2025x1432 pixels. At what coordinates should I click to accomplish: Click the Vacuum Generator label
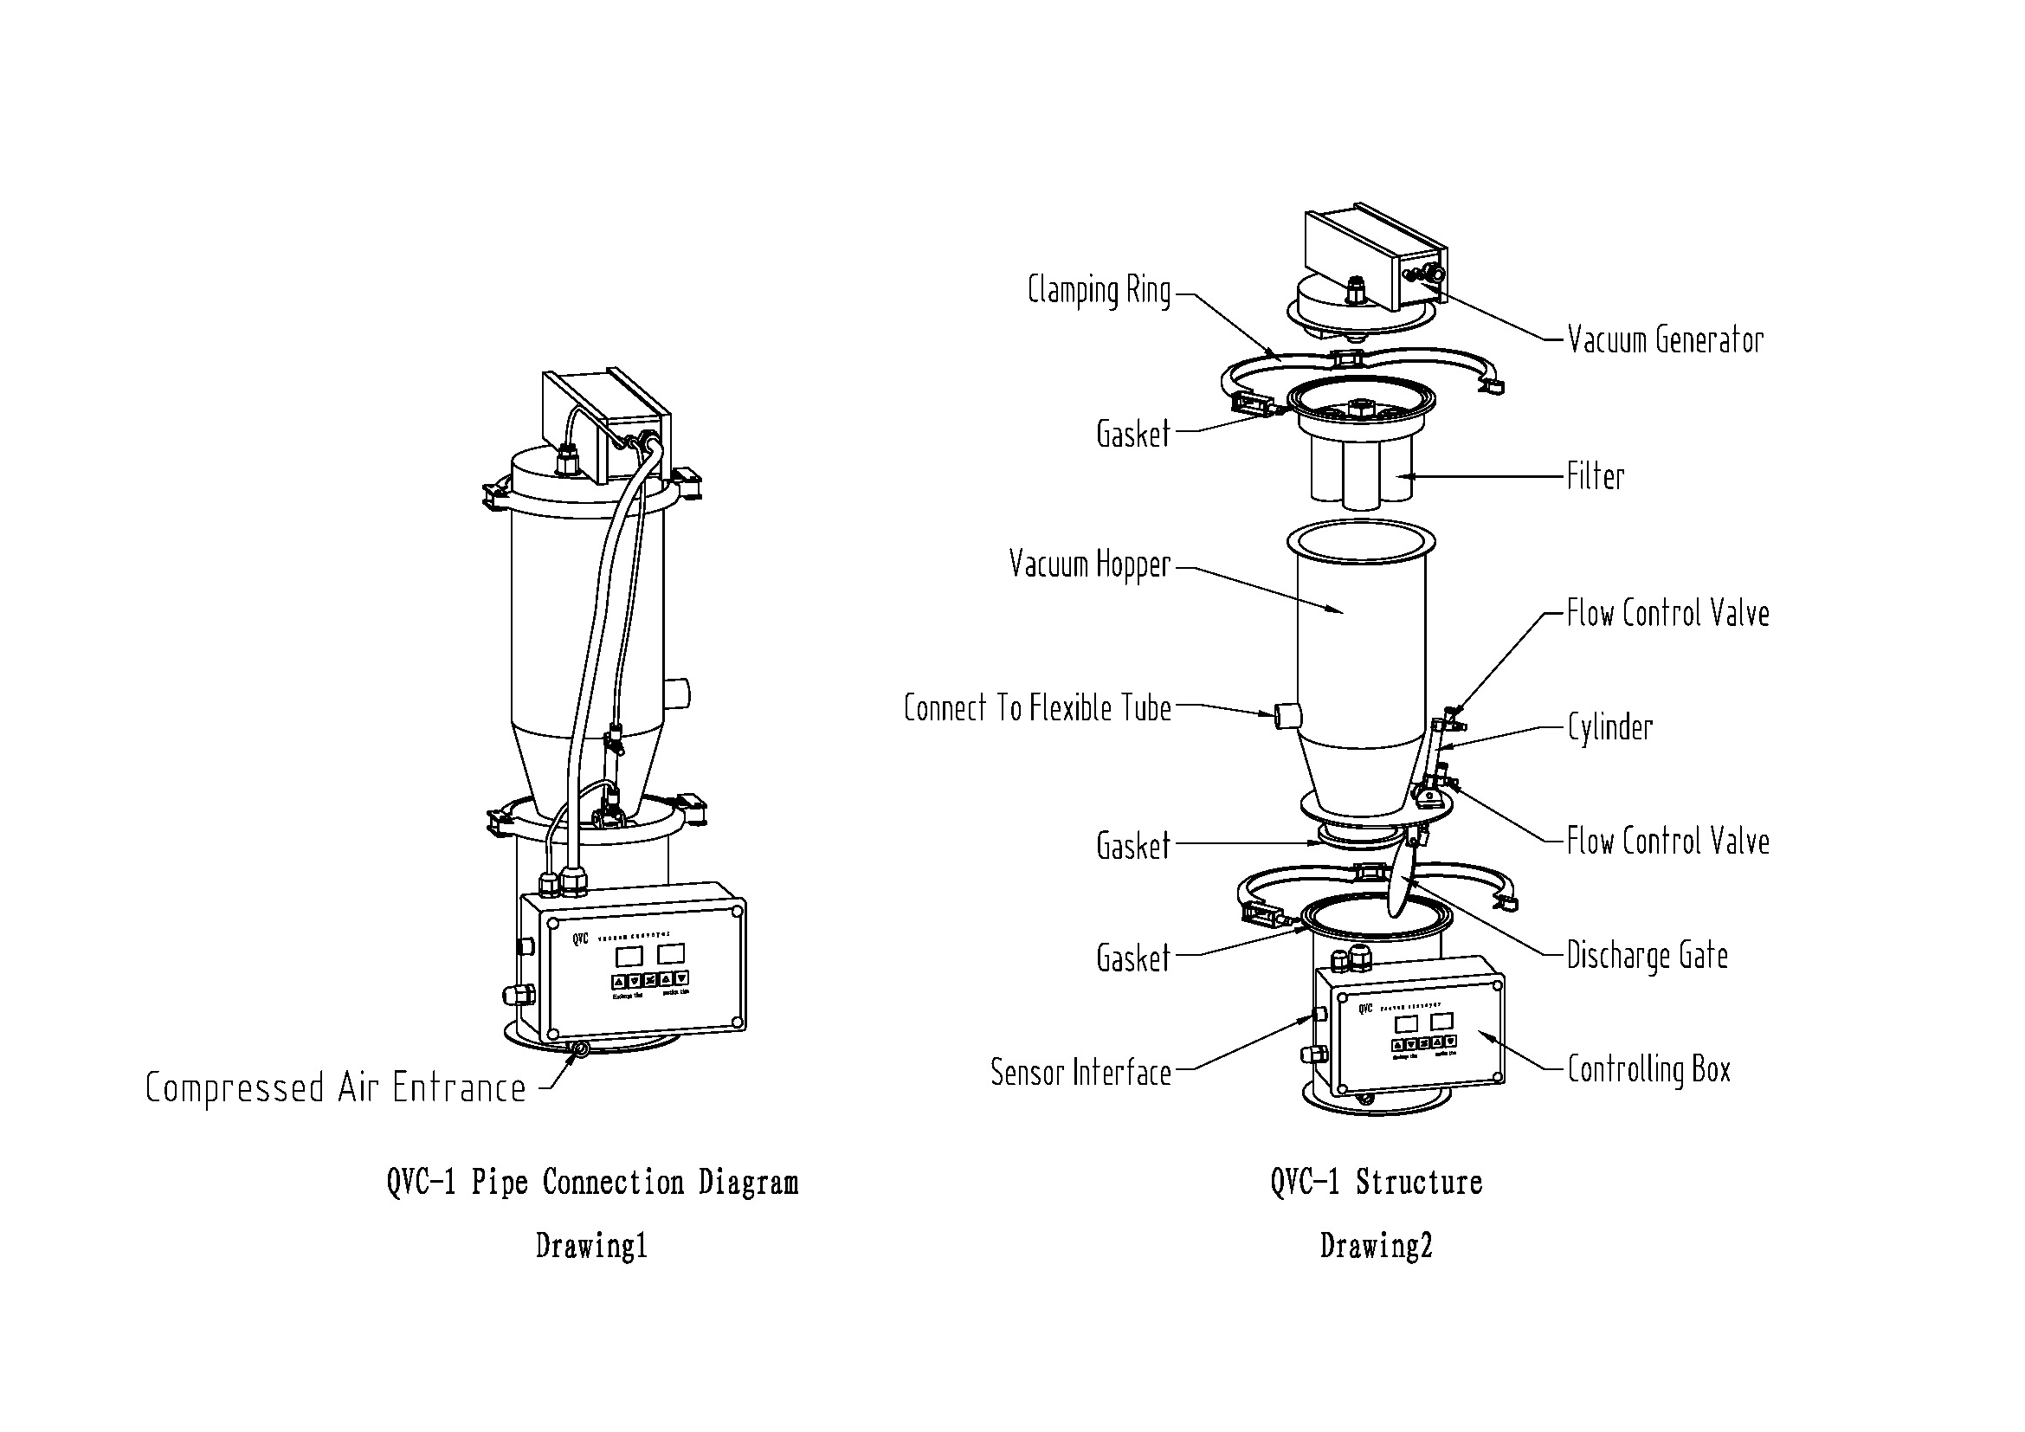1665,340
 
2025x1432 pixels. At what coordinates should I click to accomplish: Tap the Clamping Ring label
1099,291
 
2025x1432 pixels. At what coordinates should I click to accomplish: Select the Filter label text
1596,477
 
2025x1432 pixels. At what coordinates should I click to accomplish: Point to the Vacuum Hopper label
1089,564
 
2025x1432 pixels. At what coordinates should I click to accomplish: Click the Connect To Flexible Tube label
1037,708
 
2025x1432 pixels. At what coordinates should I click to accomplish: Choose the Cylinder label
1609,727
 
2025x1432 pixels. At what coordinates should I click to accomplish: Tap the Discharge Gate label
1647,956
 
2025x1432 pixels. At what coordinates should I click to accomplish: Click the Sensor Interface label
1080,1072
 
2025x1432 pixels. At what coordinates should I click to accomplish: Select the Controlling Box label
1648,1069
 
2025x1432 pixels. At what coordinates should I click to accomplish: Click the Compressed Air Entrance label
335,1088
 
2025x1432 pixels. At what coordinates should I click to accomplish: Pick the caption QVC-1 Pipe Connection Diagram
592,1183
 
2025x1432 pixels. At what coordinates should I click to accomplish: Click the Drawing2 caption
1376,1246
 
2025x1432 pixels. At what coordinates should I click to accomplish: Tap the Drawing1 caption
592,1246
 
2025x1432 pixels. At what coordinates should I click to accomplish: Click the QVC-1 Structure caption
1376,1183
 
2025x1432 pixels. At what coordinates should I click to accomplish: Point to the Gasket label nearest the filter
1132,434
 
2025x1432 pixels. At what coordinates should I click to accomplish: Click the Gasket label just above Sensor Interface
1132,958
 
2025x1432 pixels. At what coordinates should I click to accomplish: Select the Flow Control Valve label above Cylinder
1667,614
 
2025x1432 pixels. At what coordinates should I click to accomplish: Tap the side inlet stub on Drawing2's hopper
1286,715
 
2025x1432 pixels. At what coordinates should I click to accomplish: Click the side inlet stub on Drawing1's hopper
679,693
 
